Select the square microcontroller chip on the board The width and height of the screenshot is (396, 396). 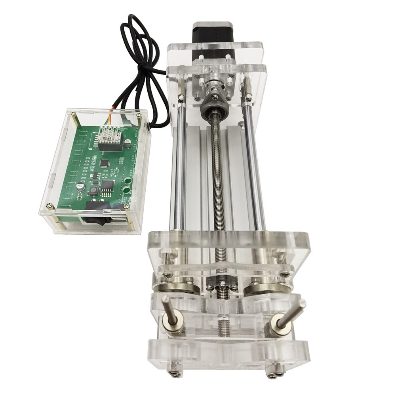[105, 163]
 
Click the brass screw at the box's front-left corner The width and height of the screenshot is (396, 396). [49, 206]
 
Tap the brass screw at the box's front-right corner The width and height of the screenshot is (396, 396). [126, 206]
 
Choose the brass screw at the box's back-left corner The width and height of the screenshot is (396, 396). [74, 116]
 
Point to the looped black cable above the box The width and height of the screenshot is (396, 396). [139, 59]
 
